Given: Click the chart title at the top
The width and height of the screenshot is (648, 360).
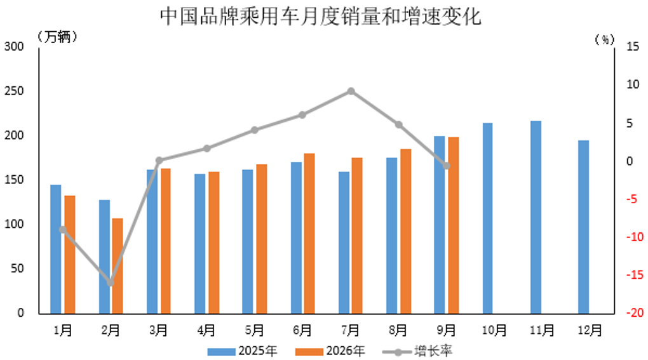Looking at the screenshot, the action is (321, 17).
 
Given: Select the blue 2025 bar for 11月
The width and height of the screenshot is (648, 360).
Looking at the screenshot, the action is (536, 217).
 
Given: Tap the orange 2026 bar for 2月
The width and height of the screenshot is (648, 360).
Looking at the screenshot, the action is (118, 266).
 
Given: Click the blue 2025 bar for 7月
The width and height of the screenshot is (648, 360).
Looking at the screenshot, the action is (344, 243).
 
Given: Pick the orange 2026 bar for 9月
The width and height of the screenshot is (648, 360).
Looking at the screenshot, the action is (454, 225).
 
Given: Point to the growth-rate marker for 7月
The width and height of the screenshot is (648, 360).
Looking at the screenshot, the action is (351, 91).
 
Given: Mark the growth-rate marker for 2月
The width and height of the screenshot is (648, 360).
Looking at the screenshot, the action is (111, 283).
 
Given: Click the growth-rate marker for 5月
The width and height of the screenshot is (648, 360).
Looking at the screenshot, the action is (255, 130).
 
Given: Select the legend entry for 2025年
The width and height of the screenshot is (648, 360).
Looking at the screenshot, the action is (242, 351).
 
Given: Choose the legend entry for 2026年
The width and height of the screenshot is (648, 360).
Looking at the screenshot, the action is (330, 351).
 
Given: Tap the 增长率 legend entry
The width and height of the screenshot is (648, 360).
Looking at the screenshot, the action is (417, 351).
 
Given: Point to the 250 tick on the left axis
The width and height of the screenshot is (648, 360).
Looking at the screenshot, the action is (14, 91).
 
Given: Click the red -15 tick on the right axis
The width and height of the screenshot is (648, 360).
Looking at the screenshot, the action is (635, 274).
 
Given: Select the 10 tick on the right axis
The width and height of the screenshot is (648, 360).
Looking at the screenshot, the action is (633, 84).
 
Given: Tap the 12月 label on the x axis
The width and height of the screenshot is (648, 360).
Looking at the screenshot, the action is (590, 330).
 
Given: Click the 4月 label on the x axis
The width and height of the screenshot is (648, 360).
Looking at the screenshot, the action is (206, 330).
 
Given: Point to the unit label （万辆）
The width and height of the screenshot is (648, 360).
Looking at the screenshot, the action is (57, 37).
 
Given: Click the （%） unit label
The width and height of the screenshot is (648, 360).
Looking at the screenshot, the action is (605, 39).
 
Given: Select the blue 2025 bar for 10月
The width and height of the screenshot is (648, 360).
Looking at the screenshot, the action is (488, 218).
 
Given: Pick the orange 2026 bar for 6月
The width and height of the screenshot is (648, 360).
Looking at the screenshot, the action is (309, 234).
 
